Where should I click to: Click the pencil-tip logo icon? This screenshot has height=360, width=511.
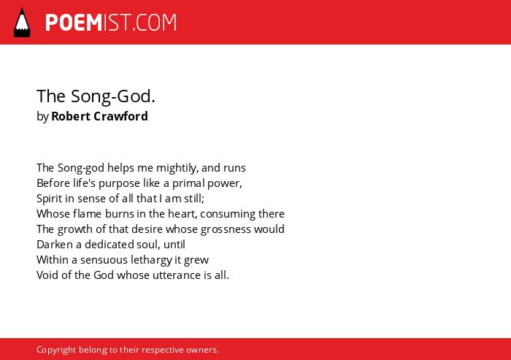(x=22, y=22)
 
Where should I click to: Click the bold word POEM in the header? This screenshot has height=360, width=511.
(x=74, y=23)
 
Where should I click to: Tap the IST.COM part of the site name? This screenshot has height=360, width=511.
(x=140, y=23)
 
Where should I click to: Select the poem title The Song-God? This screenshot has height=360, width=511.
(x=96, y=96)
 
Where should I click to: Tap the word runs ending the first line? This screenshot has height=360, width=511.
(x=234, y=168)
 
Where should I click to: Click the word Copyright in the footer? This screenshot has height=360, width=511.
(x=56, y=350)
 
